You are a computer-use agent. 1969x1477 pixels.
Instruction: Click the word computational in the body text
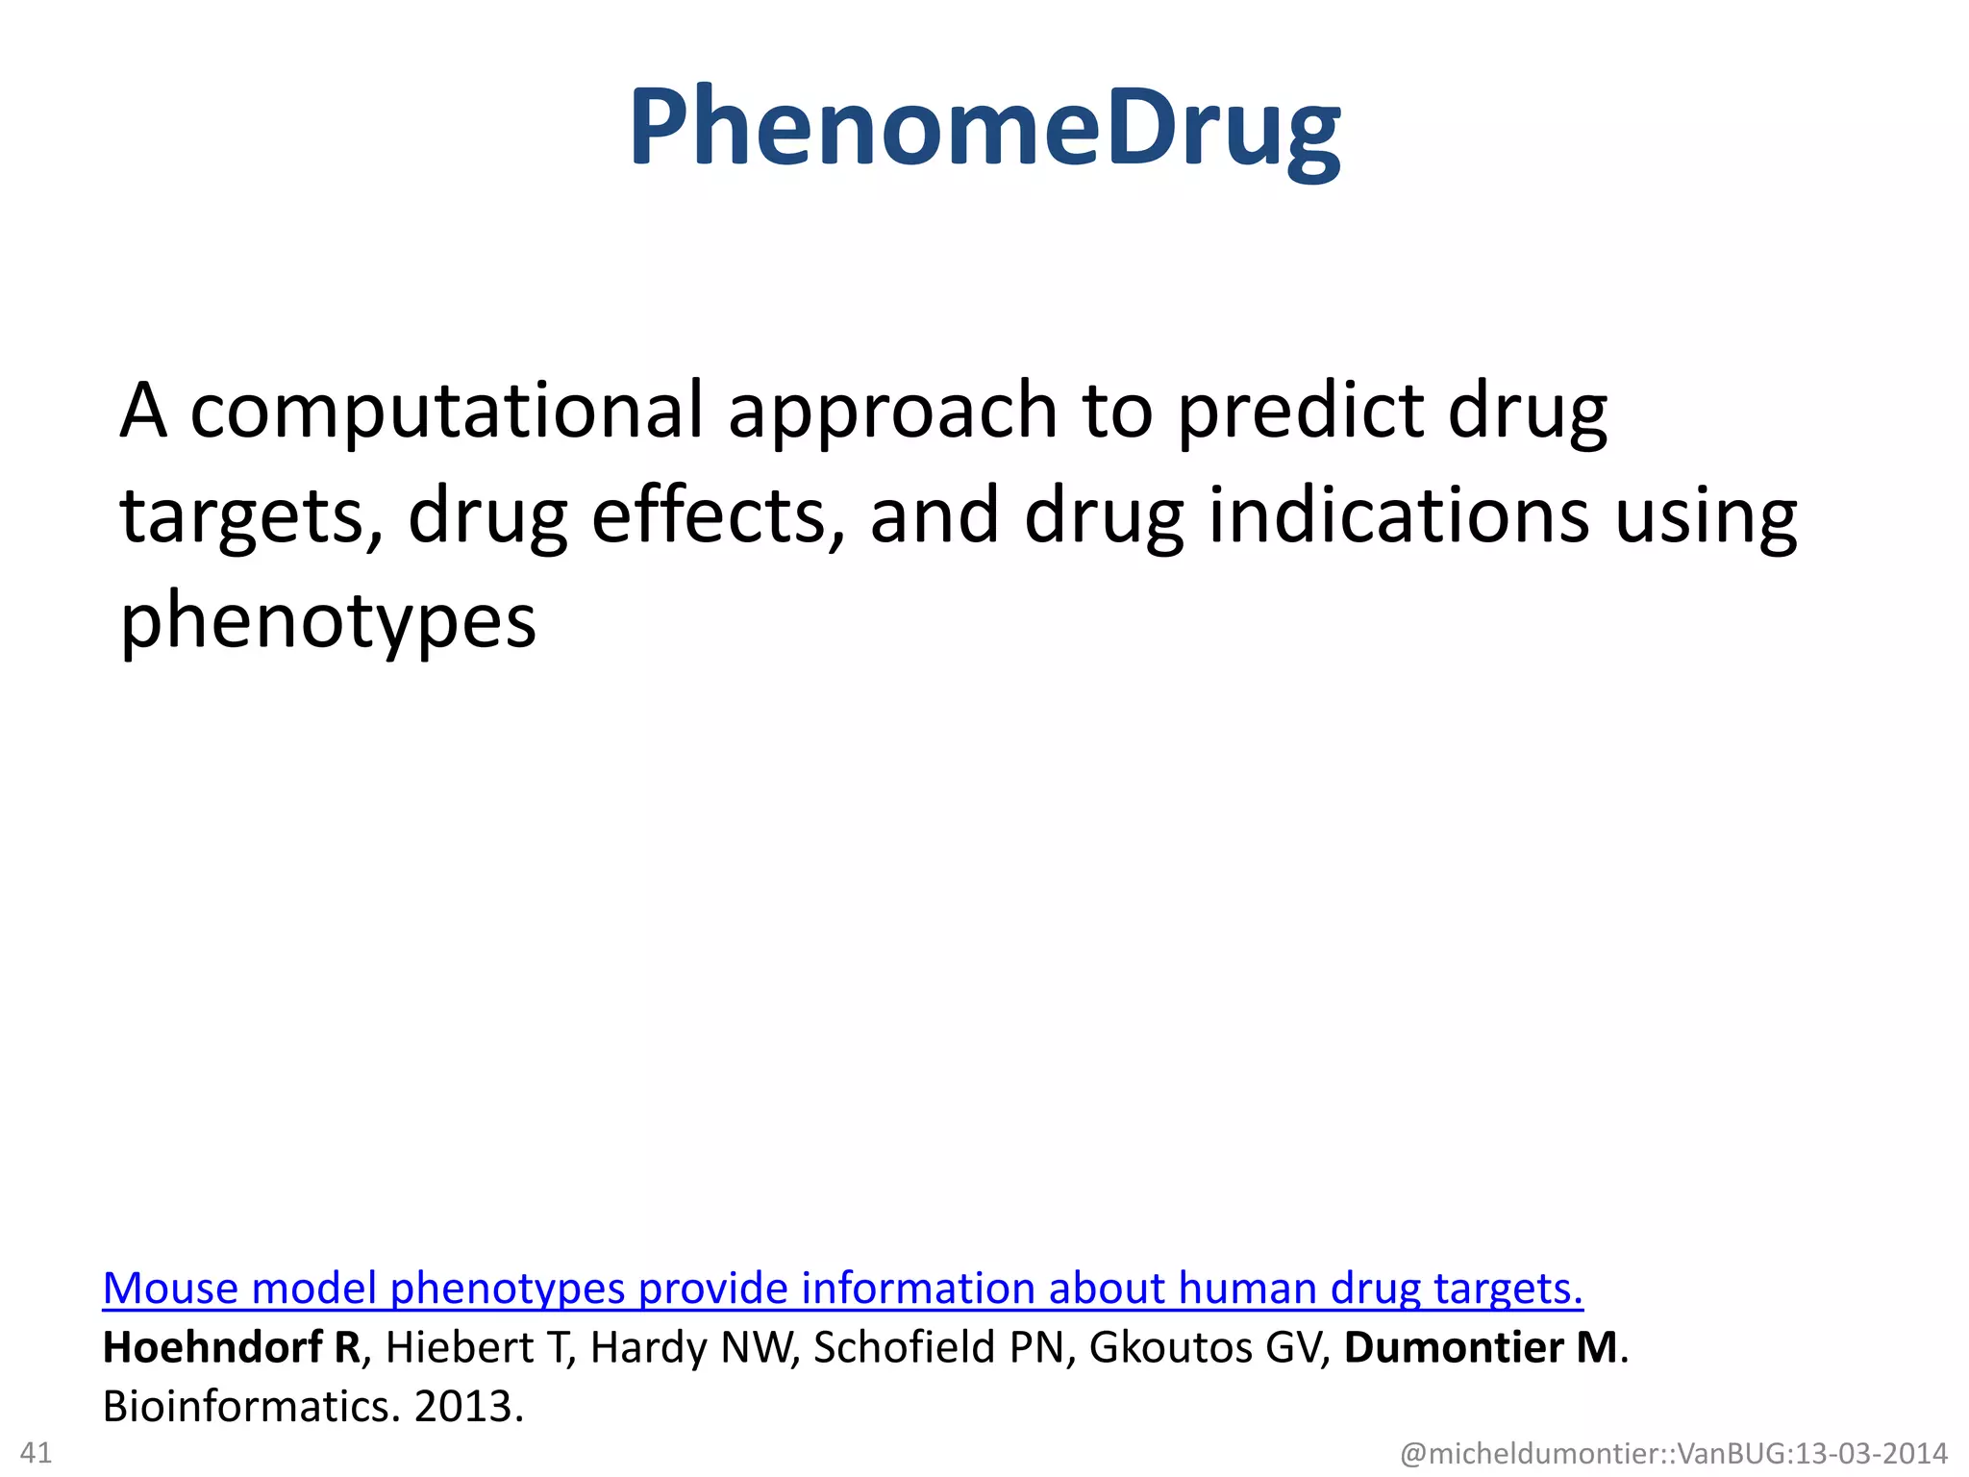point(446,412)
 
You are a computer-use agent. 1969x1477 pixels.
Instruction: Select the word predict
point(1300,412)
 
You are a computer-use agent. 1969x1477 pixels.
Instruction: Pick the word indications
point(1398,516)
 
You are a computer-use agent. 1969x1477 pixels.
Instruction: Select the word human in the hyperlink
point(1248,1289)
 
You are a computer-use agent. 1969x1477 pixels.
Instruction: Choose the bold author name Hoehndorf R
point(231,1347)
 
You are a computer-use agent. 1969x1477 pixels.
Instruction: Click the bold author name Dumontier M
point(1481,1347)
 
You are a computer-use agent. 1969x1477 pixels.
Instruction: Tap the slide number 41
point(36,1452)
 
